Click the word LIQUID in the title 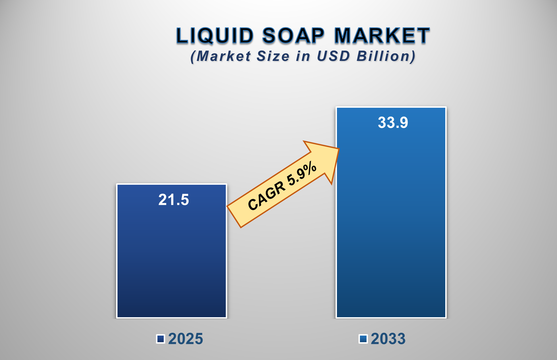[215, 36]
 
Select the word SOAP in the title [293, 36]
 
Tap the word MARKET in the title [382, 36]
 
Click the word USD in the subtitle [333, 56]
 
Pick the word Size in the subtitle [273, 56]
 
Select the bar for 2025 [171, 259]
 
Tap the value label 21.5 [174, 200]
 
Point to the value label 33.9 [393, 123]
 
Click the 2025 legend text [186, 339]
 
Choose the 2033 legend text [388, 339]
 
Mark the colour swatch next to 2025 [161, 339]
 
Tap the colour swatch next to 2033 [363, 339]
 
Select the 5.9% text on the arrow [302, 174]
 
